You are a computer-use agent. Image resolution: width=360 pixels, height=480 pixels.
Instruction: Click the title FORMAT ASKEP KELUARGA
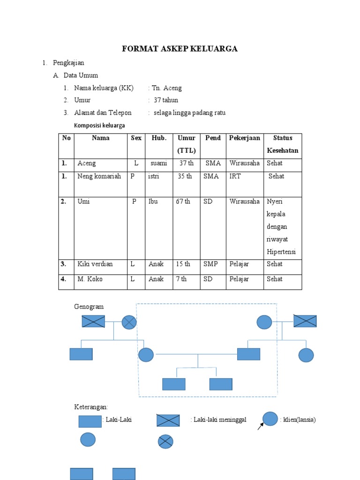coord(180,49)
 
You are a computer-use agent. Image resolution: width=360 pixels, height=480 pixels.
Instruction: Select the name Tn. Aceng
coord(167,88)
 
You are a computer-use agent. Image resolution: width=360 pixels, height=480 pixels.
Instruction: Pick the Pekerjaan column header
coord(244,138)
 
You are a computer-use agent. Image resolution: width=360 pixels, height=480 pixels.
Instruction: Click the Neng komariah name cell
coord(99,176)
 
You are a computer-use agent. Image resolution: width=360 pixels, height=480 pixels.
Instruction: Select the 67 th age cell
coord(183,202)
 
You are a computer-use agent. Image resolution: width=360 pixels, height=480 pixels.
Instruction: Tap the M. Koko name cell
coord(90,279)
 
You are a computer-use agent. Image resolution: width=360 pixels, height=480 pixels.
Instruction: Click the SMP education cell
coord(211,264)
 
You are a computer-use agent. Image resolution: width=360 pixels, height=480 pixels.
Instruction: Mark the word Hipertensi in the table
coord(281,252)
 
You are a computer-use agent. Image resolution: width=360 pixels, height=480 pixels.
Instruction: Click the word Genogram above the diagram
coord(89,307)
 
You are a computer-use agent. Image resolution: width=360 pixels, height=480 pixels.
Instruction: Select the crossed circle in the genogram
coord(129,322)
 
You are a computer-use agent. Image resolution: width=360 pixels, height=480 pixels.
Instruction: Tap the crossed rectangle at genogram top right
coord(305,321)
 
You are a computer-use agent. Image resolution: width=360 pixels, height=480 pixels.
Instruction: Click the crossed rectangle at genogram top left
coord(93,321)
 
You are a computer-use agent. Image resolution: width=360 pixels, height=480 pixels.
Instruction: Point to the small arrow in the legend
coord(261,426)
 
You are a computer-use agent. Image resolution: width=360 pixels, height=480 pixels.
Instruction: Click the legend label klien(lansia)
coord(299,420)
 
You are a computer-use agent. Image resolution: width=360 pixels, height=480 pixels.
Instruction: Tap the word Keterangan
coord(91,406)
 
